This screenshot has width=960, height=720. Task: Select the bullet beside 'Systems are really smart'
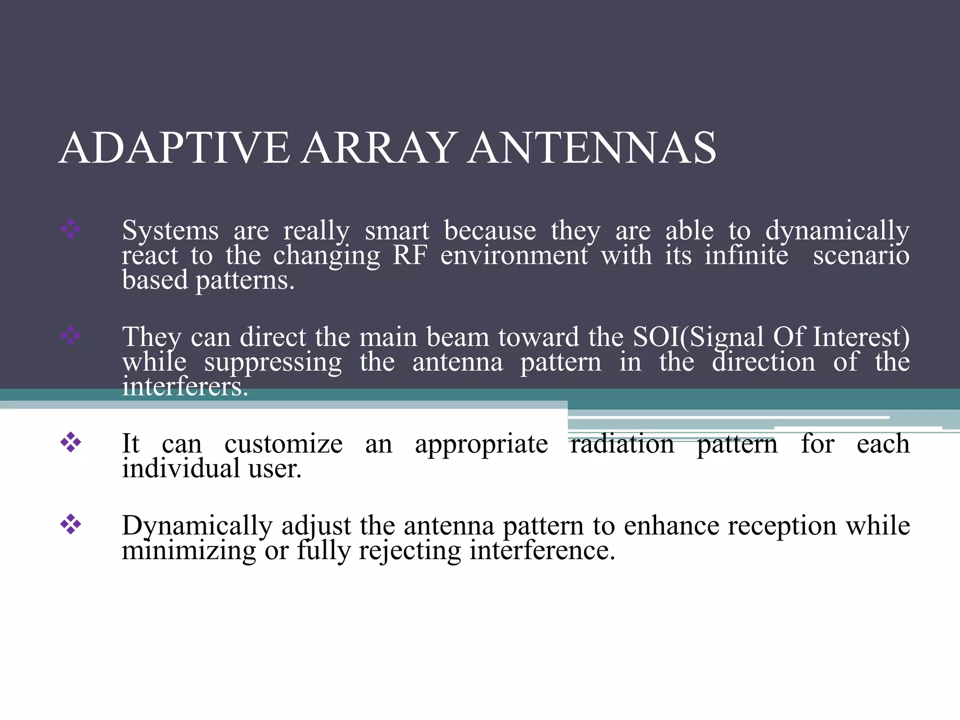coord(71,229)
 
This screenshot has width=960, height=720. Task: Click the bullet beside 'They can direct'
coord(71,336)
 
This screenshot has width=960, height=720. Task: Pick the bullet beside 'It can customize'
coord(71,442)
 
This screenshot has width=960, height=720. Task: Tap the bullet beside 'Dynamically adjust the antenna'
coord(71,524)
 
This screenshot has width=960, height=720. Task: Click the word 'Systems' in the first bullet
coord(170,231)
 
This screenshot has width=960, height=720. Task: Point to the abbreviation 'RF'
coord(410,255)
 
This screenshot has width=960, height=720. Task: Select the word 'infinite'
coord(746,255)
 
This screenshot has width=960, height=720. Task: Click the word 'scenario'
coord(861,255)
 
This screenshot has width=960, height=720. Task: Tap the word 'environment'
coord(514,256)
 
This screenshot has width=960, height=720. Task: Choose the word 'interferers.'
coord(185,387)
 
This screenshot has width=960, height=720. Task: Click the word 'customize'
coord(283,444)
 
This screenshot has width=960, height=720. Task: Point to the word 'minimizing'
coord(189,550)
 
